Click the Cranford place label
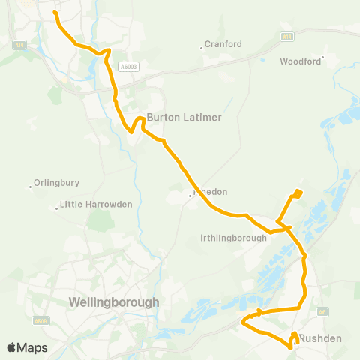pos(224,44)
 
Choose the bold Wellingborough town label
pos(113,302)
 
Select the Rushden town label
pos(320,338)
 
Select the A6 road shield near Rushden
pos(322,311)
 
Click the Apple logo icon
pos(12,347)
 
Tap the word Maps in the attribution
pos(33,347)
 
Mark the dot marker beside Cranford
pos(202,46)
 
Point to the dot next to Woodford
pos(323,58)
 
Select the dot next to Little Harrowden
pos(57,208)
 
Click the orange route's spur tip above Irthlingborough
pos(298,193)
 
